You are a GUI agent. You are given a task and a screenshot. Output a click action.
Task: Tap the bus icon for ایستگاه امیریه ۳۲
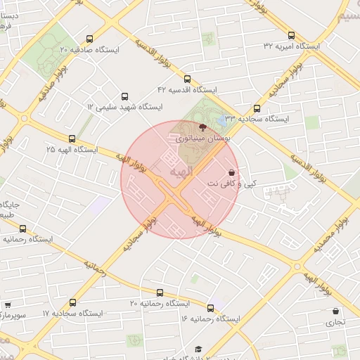(291, 34)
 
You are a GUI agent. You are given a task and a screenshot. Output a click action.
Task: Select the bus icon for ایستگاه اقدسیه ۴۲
(187, 79)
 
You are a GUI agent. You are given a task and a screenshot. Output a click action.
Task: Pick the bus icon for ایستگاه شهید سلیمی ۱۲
(125, 96)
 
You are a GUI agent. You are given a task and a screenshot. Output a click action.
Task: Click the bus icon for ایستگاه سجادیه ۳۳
(257, 109)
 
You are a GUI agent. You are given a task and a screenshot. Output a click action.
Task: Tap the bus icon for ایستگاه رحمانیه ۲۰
(160, 292)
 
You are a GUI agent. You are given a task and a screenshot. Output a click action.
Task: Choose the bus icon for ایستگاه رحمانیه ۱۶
(210, 308)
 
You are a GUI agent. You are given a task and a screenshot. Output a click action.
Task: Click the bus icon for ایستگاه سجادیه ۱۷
(73, 302)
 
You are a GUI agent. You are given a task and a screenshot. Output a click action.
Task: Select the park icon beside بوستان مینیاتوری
(203, 128)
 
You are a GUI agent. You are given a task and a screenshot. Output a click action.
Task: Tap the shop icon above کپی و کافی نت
(231, 172)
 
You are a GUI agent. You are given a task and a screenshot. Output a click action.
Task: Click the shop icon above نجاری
(335, 311)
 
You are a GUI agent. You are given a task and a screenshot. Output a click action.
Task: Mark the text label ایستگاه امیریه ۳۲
(291, 46)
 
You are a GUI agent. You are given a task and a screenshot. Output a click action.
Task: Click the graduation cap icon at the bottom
(199, 349)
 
